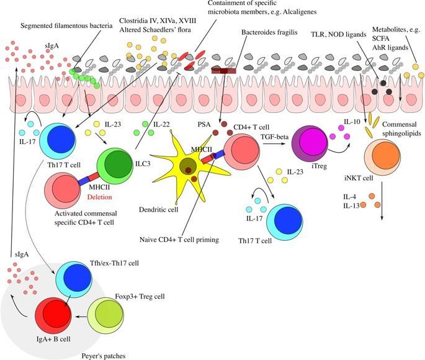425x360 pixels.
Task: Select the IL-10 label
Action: pos(352,122)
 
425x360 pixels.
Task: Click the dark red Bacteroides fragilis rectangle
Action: pos(223,73)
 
